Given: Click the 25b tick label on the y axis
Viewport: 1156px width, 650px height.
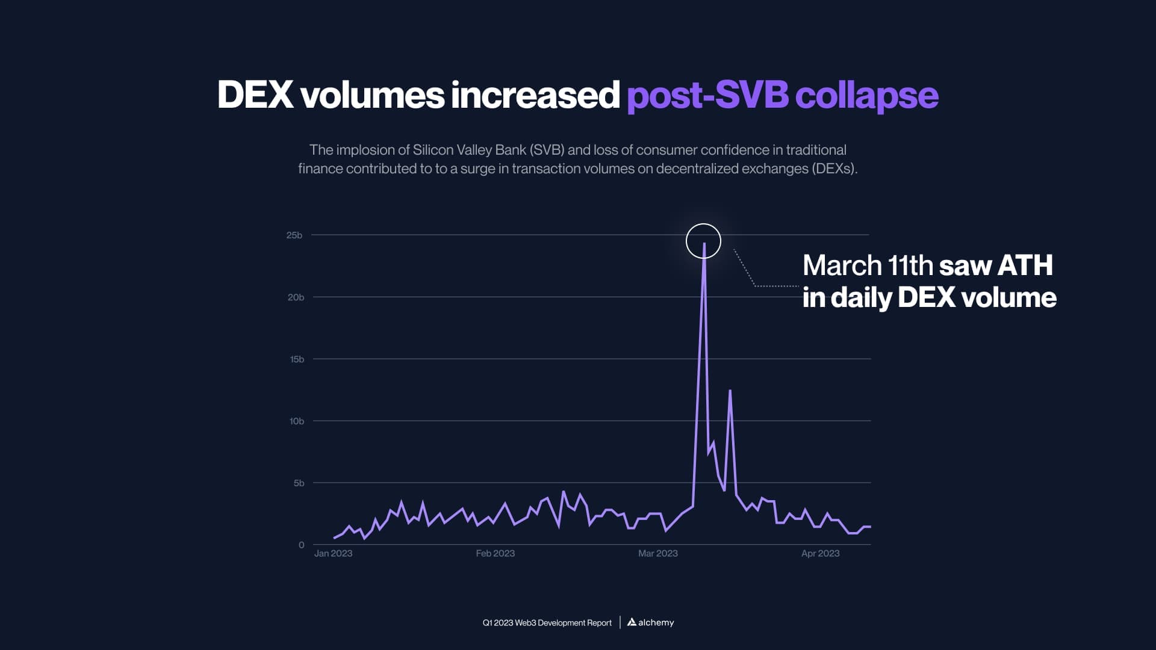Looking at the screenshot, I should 294,235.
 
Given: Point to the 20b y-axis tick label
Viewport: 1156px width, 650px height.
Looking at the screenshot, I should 296,297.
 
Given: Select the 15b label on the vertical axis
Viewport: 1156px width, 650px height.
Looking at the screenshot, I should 297,359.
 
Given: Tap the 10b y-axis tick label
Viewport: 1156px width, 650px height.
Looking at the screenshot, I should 296,421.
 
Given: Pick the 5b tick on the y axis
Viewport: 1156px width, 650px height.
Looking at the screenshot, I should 299,483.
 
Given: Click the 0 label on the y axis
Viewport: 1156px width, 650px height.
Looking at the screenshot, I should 301,545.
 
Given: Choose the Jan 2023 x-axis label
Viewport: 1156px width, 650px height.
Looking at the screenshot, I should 333,554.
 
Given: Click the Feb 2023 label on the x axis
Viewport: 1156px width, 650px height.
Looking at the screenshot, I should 495,554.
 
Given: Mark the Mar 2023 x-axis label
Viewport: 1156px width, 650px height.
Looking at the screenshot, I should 657,554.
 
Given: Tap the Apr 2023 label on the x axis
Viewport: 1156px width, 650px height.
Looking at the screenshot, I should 820,554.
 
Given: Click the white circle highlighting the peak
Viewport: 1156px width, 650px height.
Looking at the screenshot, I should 703,241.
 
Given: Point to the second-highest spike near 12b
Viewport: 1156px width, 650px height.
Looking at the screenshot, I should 730,391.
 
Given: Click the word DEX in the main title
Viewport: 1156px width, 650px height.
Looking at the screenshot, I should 255,95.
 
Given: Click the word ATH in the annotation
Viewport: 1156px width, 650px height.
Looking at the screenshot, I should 1025,265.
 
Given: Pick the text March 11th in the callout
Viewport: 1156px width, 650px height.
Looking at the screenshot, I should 868,265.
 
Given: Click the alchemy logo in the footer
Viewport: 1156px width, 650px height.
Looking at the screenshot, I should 650,622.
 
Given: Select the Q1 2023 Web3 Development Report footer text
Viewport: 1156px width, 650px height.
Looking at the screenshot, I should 547,623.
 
